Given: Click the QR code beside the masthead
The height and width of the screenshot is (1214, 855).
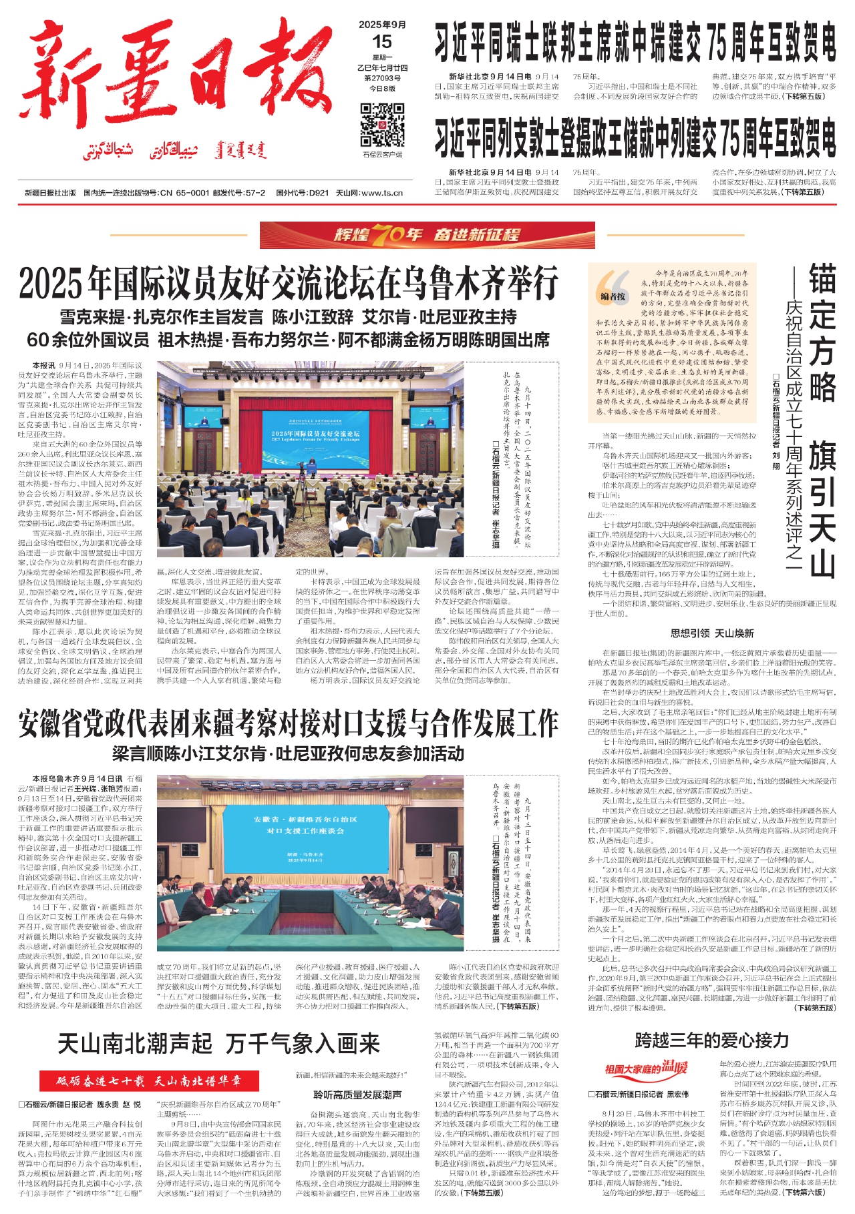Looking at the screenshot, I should [382, 125].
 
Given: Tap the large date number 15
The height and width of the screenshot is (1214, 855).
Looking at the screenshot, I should [382, 42].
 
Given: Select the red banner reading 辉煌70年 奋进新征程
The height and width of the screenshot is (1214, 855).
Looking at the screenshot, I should [427, 234].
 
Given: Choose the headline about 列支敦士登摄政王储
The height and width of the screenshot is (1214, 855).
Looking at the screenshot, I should [635, 139].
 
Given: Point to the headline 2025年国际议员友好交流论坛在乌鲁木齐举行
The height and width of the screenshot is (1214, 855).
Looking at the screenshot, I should [288, 283].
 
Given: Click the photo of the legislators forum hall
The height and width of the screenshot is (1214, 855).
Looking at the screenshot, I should [310, 463].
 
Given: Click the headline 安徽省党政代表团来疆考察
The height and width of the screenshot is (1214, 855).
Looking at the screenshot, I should [288, 723].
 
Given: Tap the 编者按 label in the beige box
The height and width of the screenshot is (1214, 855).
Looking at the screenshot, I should [613, 296].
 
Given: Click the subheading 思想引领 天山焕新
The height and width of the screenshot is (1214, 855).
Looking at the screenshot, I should [712, 633].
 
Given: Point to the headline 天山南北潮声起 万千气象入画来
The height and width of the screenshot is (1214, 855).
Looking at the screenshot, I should [218, 1043].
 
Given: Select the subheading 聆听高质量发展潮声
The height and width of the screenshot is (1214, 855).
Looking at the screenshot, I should [357, 1095].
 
